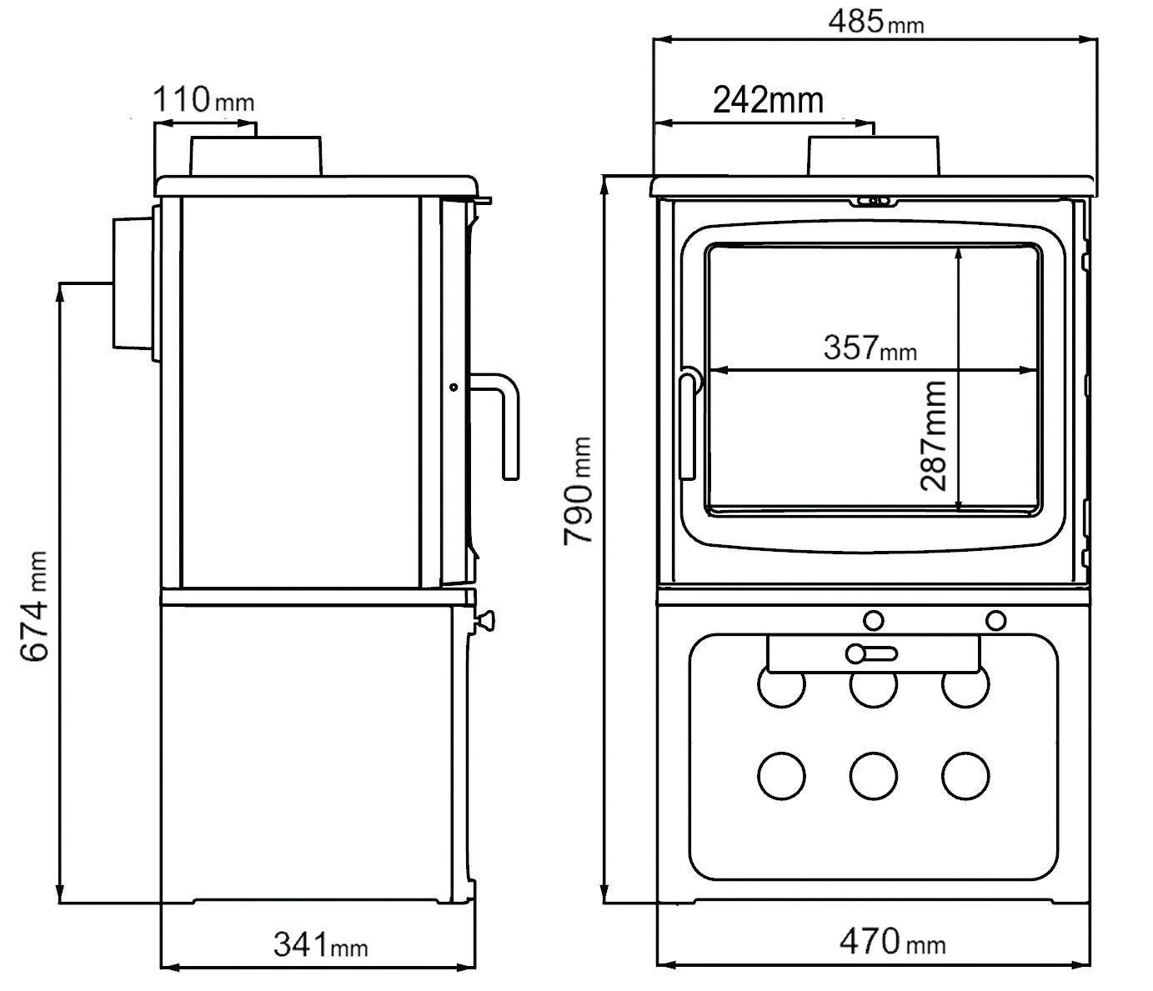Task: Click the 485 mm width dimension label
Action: coord(875,22)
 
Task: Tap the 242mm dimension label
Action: coord(768,100)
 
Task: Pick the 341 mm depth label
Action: coord(320,945)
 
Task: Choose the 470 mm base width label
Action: coord(891,943)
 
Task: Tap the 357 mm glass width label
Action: coord(870,348)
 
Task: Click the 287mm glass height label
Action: coord(935,435)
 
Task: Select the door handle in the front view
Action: coord(688,425)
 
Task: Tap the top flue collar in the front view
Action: coord(873,155)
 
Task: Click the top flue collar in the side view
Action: coord(256,157)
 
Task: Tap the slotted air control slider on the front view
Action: coord(871,653)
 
